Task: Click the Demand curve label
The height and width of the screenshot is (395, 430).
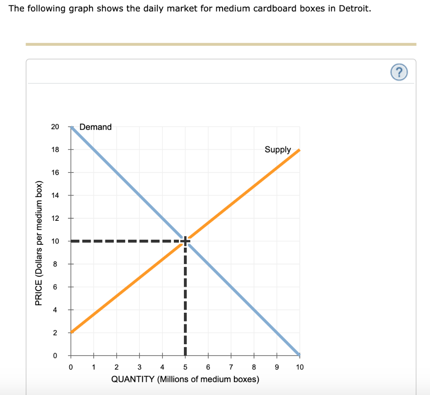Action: coord(95,127)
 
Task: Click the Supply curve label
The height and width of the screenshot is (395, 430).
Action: coord(278,149)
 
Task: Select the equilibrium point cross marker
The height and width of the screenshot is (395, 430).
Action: coord(185,241)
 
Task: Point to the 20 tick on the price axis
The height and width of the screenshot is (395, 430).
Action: coord(55,127)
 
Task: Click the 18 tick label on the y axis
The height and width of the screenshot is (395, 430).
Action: coord(55,149)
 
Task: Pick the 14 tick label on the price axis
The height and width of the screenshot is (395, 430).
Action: coord(55,195)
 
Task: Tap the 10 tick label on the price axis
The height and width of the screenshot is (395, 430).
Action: coord(55,241)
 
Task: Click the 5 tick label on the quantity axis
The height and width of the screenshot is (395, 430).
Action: coord(185,367)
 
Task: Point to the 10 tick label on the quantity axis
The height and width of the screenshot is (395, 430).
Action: coord(299,367)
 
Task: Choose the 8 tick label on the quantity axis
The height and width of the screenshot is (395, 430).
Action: coord(254,367)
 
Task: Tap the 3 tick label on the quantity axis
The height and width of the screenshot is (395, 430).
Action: coord(139,367)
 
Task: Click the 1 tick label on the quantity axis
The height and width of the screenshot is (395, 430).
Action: coord(94,367)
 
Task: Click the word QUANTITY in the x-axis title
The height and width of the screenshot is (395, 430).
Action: coord(133,379)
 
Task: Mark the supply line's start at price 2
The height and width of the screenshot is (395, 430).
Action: coord(71,332)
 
